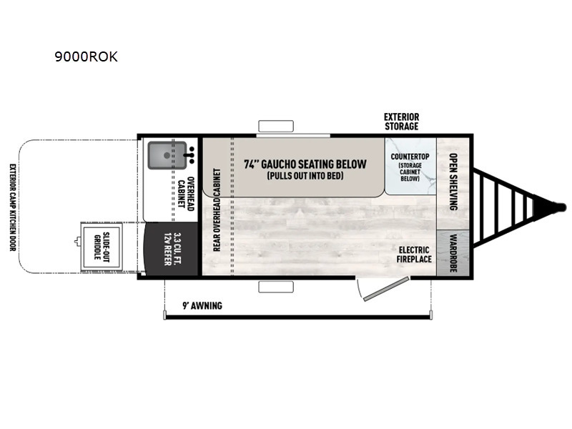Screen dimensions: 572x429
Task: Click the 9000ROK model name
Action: click(86, 56)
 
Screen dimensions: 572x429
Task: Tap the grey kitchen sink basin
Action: click(167, 155)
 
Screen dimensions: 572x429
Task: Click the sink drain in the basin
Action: click(167, 155)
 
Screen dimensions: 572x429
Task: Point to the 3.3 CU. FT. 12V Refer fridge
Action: click(172, 249)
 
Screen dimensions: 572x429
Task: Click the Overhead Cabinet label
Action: click(185, 194)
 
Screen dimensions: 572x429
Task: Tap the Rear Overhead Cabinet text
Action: click(217, 209)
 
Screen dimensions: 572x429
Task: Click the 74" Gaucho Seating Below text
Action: click(305, 164)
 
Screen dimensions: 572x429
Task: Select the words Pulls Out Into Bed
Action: click(305, 176)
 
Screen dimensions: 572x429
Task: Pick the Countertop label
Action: click(410, 157)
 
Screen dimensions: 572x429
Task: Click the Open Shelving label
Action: click(453, 182)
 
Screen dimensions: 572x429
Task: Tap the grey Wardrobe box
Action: click(453, 253)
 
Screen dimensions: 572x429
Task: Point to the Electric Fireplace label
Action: click(414, 255)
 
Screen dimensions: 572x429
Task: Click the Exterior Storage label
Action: click(401, 122)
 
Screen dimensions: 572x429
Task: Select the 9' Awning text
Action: click(202, 306)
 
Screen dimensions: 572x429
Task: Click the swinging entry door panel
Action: click(386, 289)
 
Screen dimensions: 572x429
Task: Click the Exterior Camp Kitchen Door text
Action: click(13, 207)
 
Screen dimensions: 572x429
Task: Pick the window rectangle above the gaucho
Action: click(276, 126)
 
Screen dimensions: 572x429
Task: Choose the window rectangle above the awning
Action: click(276, 287)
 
